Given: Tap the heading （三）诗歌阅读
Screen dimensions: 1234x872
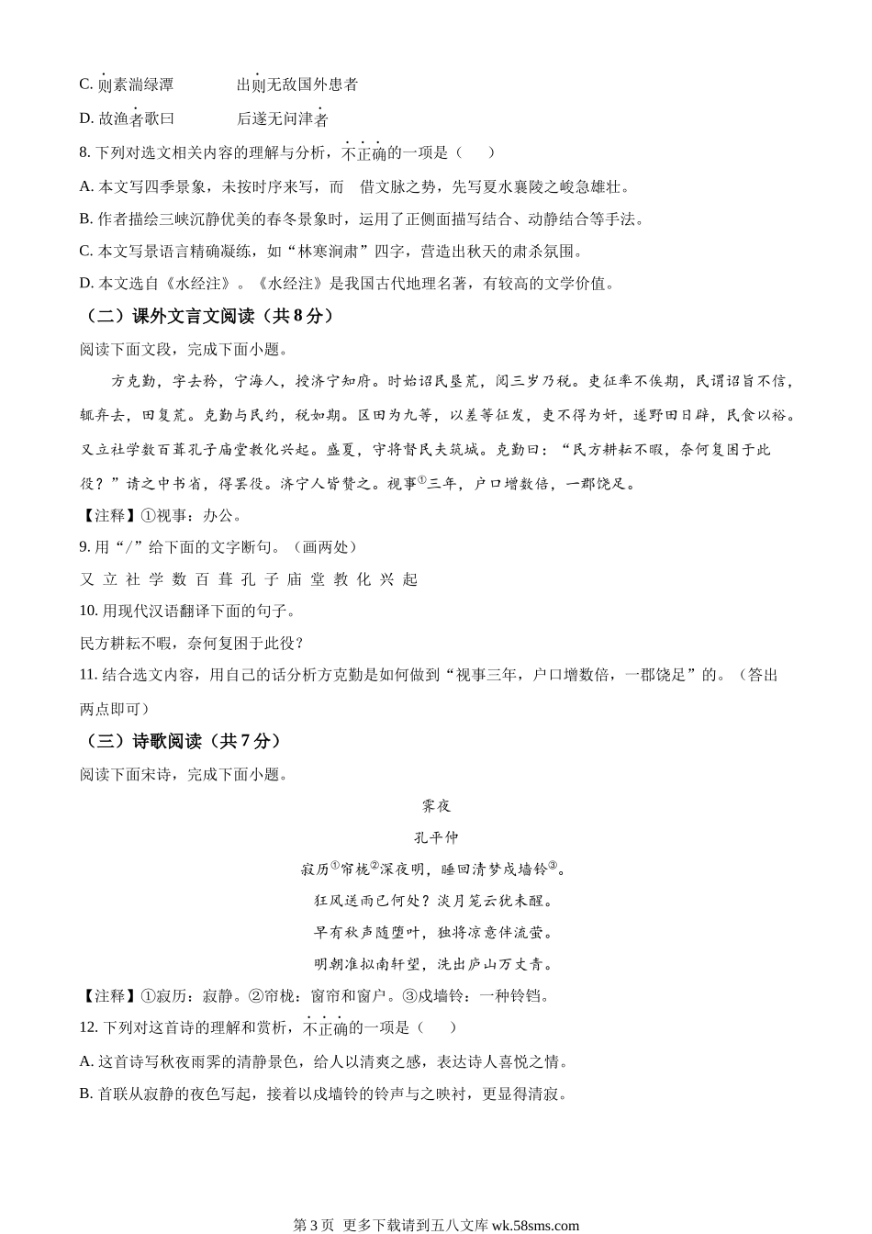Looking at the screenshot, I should (183, 741).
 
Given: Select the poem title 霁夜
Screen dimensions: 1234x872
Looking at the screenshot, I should (436, 806).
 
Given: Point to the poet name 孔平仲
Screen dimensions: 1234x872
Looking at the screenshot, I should (436, 837).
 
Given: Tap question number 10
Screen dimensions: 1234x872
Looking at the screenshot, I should (88, 611).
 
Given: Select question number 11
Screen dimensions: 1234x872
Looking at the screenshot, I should (88, 675).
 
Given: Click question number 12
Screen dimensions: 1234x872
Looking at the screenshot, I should (88, 1027).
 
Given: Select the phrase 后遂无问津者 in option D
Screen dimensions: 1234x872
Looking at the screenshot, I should (283, 119).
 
